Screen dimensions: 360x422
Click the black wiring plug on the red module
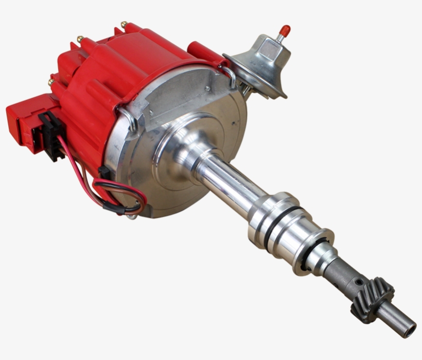[x=49, y=135]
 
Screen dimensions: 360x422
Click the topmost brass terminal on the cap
[x=124, y=24]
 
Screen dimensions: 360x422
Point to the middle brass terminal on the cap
[x=80, y=39]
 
